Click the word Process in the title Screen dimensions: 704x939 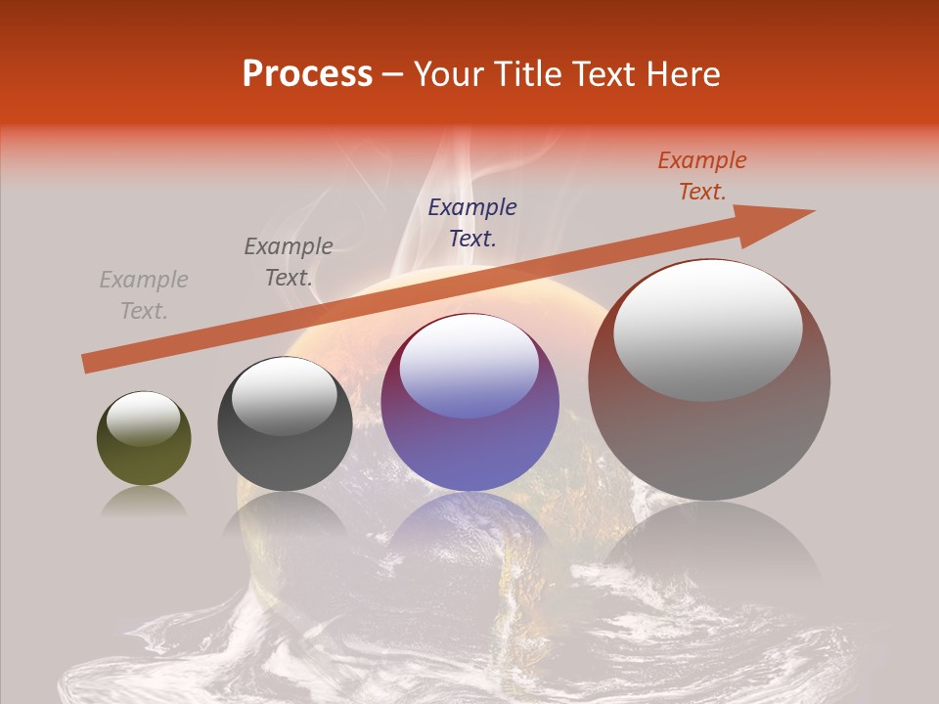(x=307, y=74)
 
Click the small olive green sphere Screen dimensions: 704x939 (x=144, y=450)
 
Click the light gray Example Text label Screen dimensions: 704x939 (x=144, y=295)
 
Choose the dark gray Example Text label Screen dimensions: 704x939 (x=289, y=262)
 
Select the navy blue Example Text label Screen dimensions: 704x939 (x=472, y=222)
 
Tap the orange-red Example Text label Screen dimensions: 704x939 (x=702, y=176)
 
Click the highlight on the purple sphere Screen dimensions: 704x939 (x=469, y=367)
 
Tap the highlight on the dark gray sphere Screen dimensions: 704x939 (x=284, y=397)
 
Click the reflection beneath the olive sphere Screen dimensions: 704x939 (x=144, y=503)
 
